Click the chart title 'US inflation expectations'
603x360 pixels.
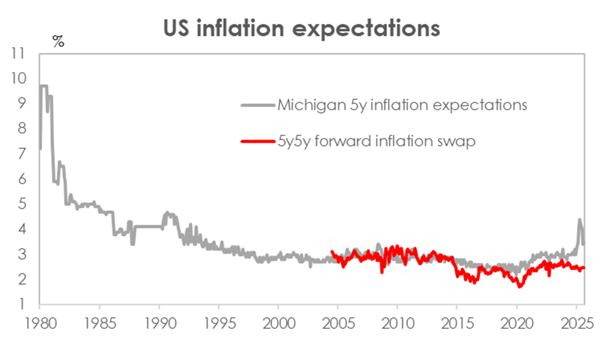click(x=301, y=28)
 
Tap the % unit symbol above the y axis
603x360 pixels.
click(x=58, y=42)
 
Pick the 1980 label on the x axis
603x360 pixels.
click(x=39, y=325)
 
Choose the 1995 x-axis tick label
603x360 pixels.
click(x=219, y=325)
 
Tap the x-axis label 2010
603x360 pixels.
click(x=397, y=325)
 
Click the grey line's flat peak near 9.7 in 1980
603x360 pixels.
click(x=44, y=86)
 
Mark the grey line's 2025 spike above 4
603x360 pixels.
click(x=580, y=220)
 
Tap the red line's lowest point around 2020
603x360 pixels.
click(x=520, y=286)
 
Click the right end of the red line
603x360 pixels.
click(x=584, y=268)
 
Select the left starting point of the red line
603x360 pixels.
click(x=332, y=251)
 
